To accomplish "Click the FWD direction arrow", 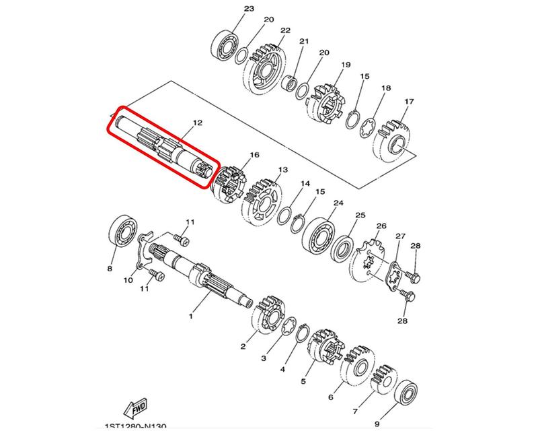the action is point(135,407).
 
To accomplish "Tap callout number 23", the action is point(249,9).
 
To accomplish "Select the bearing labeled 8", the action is point(123,231).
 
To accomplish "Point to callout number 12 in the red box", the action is point(198,123).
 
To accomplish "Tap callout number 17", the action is point(409,102).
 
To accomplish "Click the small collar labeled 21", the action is point(289,84).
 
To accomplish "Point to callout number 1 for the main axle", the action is point(191,316).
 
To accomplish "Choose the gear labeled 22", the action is point(265,69).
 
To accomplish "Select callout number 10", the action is point(128,280).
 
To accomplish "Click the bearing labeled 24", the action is point(319,235).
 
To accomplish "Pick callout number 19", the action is point(346,65).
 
